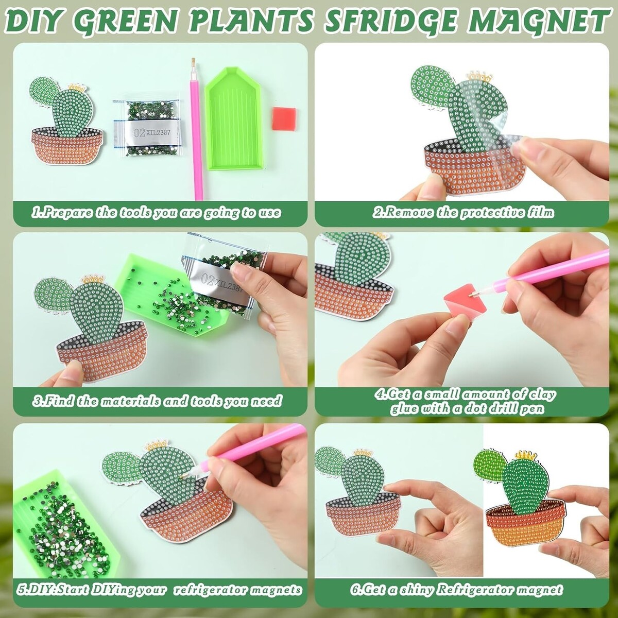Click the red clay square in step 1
coord(284,118)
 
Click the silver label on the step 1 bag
coord(147,132)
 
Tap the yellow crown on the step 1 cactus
coord(76,87)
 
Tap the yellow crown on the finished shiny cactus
coord(526,455)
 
